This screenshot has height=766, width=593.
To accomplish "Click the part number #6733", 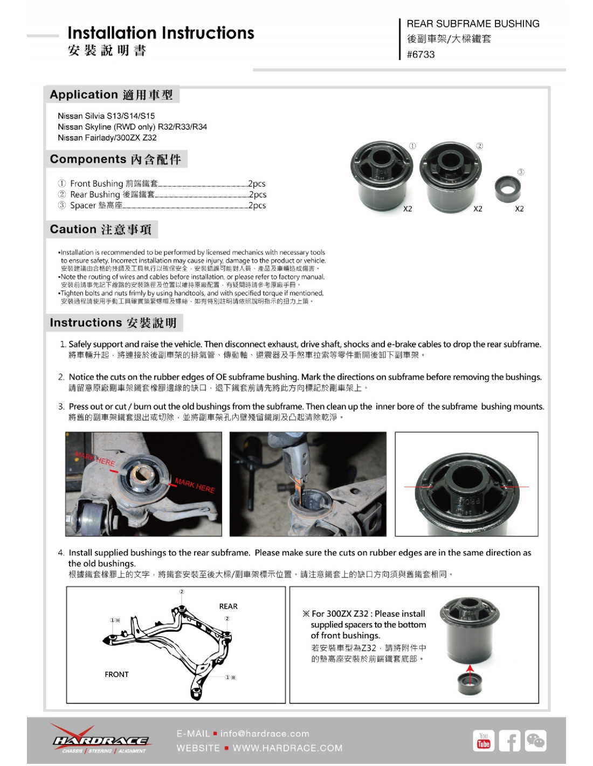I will pos(420,54).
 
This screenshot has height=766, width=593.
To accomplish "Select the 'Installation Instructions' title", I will pos(161,33).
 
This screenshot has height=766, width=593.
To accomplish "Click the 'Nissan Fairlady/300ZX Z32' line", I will pos(107,137).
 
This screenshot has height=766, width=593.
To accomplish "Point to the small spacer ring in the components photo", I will pos(507,189).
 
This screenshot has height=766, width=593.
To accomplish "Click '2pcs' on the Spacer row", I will pos(257,205).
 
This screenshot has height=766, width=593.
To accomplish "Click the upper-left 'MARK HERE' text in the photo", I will pos(95,459).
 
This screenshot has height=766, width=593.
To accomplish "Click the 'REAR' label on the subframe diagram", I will pos(228,606).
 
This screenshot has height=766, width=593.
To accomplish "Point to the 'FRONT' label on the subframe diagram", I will pos(116,674).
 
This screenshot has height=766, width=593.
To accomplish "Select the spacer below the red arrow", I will pos(470,685).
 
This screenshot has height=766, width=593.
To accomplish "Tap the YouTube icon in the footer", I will pos(484,741).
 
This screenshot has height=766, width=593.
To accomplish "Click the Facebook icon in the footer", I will pos(509,741).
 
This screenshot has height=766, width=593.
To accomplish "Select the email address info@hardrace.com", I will pos(265,734).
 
